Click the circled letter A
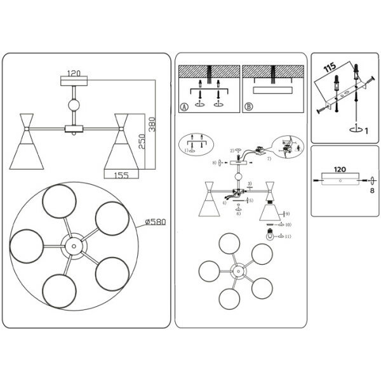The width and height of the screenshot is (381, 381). tap(184, 107)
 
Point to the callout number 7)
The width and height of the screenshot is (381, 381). tap(269, 158)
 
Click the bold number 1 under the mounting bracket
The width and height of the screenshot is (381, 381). tap(366, 131)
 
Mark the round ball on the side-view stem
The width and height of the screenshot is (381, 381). tap(76, 105)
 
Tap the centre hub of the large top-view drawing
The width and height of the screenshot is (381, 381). tap(72, 244)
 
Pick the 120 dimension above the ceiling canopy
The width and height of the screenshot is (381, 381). tap(76, 73)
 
